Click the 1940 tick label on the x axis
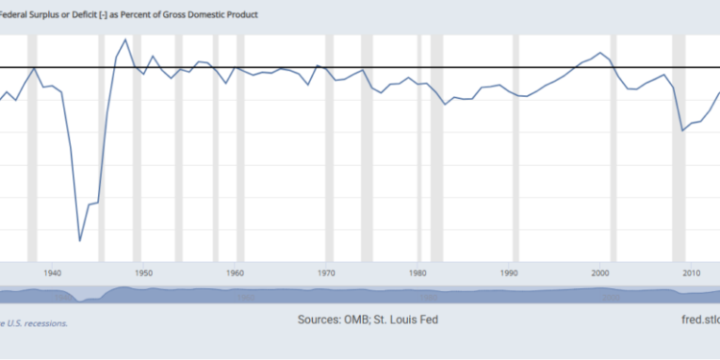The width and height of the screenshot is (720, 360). (x=52, y=274)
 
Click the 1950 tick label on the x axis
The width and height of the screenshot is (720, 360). (x=143, y=274)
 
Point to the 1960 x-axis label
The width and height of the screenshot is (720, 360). (x=235, y=274)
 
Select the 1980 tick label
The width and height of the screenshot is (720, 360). (x=418, y=274)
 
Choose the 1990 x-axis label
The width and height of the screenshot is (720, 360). (x=510, y=274)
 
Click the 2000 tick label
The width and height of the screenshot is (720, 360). (x=601, y=274)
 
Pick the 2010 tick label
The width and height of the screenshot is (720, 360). (x=692, y=274)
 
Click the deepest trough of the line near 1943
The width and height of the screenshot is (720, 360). (x=80, y=241)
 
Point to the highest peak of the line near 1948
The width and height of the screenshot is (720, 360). (x=126, y=39)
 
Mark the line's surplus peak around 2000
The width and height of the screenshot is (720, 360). (x=601, y=53)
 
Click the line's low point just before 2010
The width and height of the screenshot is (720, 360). (x=683, y=131)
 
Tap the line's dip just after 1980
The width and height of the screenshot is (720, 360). (x=445, y=103)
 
